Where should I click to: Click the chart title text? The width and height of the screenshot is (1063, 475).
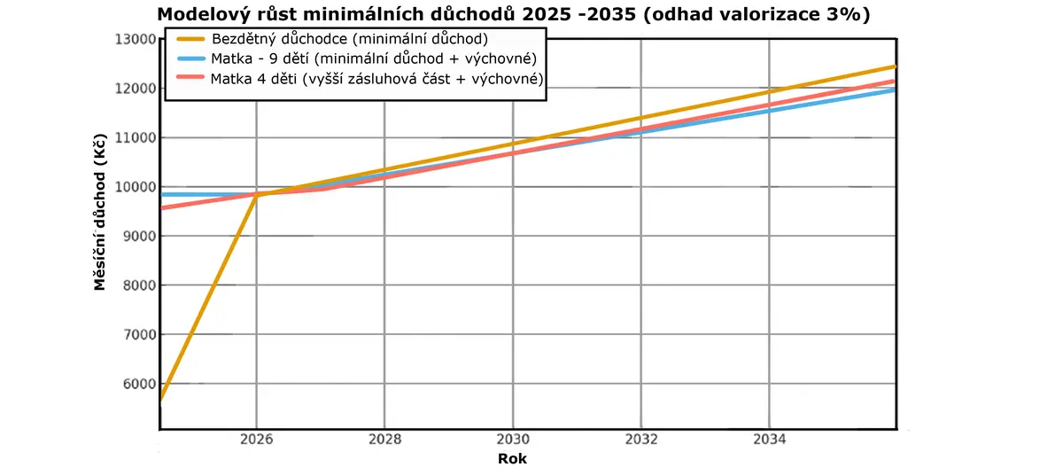(x=514, y=14)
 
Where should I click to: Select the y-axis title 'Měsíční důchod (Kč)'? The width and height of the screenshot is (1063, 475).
(x=99, y=212)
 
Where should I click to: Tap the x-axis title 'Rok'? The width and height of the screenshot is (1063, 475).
(x=512, y=459)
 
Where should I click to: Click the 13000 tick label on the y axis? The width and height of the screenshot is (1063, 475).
(x=136, y=39)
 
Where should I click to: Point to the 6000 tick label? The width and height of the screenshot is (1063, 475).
(x=140, y=384)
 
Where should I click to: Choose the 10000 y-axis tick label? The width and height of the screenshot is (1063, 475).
(x=136, y=187)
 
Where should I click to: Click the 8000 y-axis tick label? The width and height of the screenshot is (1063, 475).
(x=140, y=285)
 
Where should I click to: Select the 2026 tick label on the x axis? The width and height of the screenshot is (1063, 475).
(x=256, y=440)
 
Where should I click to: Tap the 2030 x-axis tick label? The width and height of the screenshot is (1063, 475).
(x=513, y=440)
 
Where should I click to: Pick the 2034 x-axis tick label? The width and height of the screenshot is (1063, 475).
(x=769, y=440)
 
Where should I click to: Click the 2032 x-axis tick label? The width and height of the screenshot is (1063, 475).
(x=641, y=440)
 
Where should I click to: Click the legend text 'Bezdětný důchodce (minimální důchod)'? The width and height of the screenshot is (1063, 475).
(x=350, y=39)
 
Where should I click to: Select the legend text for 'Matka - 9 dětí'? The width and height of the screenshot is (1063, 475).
(x=374, y=58)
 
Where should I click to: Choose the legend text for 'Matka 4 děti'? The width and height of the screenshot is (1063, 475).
(x=376, y=79)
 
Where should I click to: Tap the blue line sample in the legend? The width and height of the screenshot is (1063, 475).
(x=191, y=58)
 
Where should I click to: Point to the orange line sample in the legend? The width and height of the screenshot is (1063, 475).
(x=191, y=39)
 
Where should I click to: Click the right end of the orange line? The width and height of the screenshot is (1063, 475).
(x=895, y=66)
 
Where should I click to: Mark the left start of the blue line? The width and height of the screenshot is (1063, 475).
(x=162, y=195)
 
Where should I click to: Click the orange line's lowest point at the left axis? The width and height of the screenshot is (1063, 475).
(x=161, y=399)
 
